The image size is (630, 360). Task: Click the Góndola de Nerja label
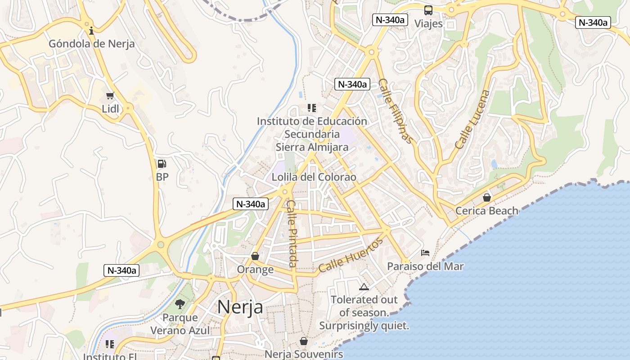[x=92, y=44]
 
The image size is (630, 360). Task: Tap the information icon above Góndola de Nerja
[x=92, y=31]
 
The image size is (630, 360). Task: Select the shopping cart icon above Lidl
[x=110, y=95]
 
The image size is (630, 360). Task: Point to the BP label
[x=162, y=177]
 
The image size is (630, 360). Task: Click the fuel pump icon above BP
[x=162, y=164]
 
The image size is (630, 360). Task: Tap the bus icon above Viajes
[x=428, y=10]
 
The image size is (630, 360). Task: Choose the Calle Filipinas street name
[x=395, y=111]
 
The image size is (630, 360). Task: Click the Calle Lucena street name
[x=472, y=119]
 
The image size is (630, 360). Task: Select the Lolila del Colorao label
[x=314, y=177]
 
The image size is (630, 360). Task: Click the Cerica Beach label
[x=487, y=211]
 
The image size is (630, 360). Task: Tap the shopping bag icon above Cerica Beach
[x=487, y=197]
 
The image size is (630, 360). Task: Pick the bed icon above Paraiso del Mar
[x=425, y=253]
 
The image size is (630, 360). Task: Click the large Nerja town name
[x=240, y=307]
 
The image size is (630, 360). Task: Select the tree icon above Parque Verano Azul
[x=180, y=304]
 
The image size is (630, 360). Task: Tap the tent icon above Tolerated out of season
[x=364, y=287]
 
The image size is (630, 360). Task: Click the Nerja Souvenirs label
[x=304, y=354]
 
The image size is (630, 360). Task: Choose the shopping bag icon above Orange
[x=255, y=256]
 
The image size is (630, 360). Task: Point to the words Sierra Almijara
[x=312, y=147]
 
